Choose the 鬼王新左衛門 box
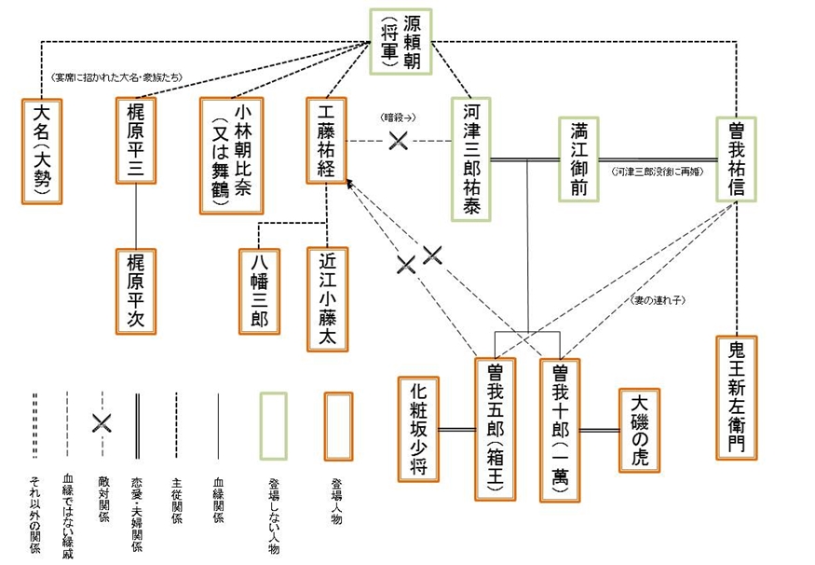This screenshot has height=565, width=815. coord(737,396)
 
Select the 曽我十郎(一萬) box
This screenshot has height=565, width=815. coord(560,430)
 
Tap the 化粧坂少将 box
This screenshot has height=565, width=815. coord(417,430)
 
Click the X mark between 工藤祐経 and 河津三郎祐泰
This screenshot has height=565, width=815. coord(398,141)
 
